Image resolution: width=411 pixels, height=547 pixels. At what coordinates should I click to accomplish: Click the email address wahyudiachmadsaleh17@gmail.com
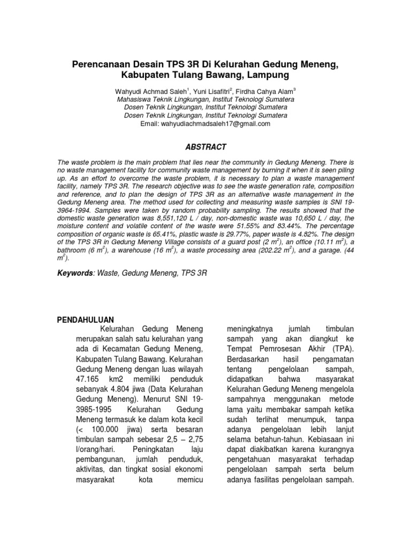205,123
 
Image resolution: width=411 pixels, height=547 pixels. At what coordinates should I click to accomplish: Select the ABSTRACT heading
205,147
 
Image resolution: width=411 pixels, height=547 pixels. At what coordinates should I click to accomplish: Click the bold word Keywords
75,273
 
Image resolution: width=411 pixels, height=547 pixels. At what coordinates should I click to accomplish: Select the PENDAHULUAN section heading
85,319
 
